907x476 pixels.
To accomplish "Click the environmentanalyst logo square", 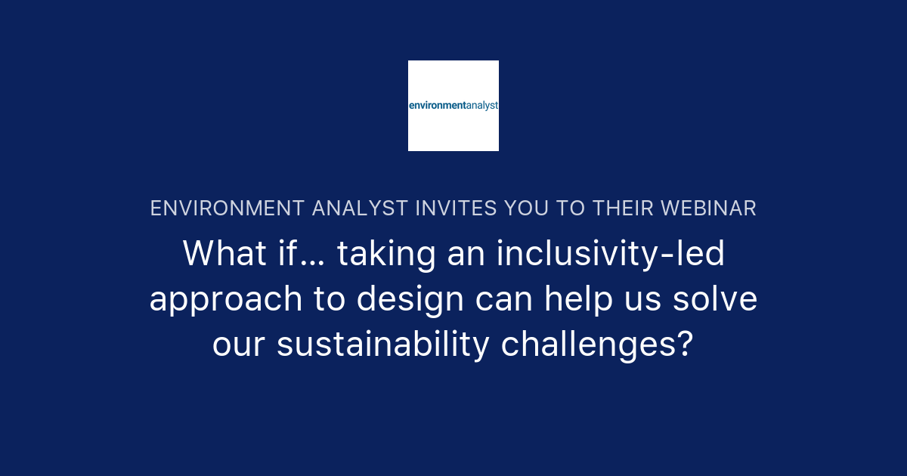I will point(453,106).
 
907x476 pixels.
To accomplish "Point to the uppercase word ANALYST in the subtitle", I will point(357,209).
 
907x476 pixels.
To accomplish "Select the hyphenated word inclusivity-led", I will point(611,254).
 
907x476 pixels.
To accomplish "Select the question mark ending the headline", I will point(686,345).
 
